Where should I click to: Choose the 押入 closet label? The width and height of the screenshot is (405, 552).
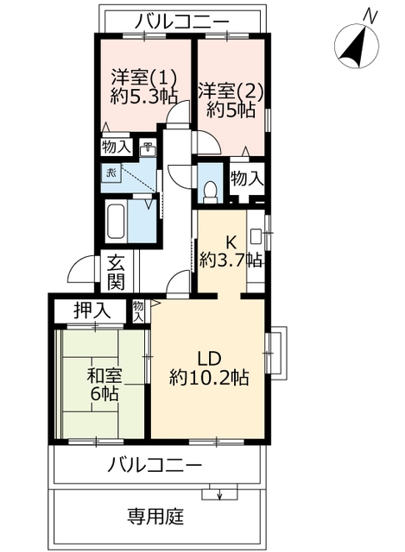pyautogui.click(x=90, y=310)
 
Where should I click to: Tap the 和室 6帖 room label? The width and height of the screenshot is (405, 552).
pyautogui.click(x=104, y=386)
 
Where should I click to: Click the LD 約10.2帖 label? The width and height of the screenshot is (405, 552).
pyautogui.click(x=210, y=367)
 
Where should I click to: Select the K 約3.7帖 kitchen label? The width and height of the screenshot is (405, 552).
pyautogui.click(x=231, y=249)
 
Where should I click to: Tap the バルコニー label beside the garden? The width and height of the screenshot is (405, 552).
pyautogui.click(x=155, y=466)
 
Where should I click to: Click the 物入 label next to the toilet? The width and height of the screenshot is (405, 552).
pyautogui.click(x=247, y=180)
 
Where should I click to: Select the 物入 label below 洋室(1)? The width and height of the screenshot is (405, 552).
pyautogui.click(x=116, y=147)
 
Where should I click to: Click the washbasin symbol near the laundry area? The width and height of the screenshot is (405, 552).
pyautogui.click(x=148, y=148)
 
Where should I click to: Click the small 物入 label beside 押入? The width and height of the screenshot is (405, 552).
pyautogui.click(x=139, y=310)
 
